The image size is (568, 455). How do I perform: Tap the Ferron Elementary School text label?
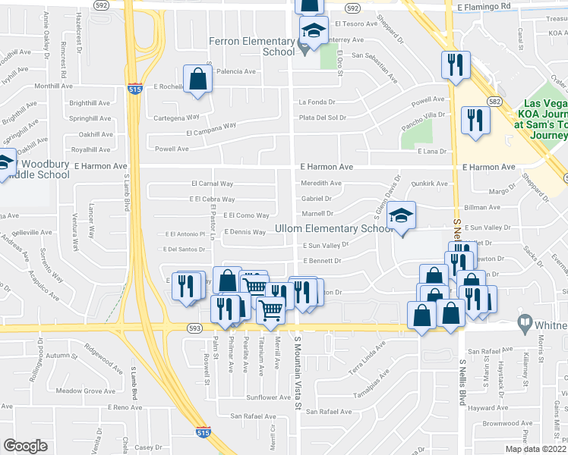[x=252, y=46]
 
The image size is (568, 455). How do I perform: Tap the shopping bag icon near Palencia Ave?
[x=197, y=80]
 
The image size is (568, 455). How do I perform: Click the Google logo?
[x=25, y=445]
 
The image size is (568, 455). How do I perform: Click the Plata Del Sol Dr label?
[x=322, y=118]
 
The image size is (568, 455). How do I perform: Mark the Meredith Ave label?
[x=321, y=183]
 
